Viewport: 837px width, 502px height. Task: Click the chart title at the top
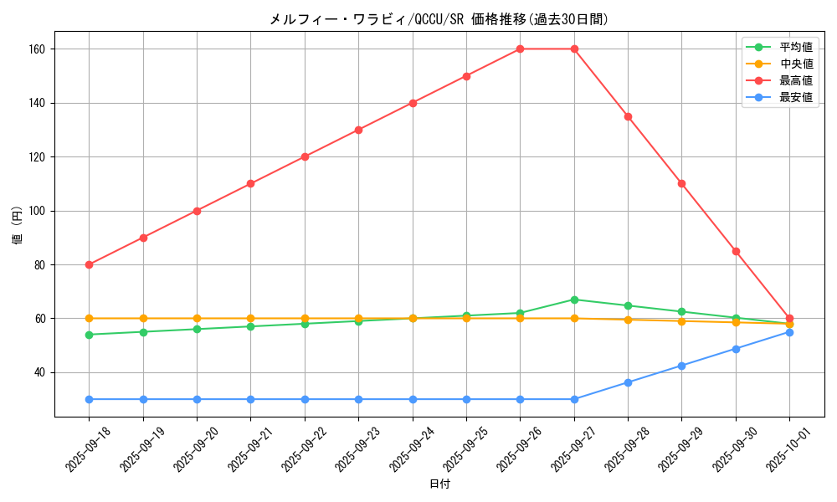tap(439, 19)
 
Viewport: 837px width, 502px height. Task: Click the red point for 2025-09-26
tap(520, 49)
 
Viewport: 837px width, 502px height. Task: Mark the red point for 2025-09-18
tap(90, 264)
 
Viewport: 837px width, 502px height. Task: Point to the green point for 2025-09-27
tap(574, 300)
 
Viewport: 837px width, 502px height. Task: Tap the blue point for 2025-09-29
tap(681, 366)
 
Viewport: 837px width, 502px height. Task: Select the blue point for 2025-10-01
tap(789, 332)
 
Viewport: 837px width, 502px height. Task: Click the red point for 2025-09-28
tap(628, 116)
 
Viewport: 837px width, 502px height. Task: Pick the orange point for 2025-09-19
tap(143, 319)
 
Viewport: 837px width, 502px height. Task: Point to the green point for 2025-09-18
tap(90, 335)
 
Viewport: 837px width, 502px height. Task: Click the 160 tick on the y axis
tap(39, 49)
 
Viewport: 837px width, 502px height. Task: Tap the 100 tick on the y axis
tap(39, 211)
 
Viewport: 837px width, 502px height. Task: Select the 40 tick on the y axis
tap(41, 372)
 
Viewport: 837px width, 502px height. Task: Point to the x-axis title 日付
tap(439, 484)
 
